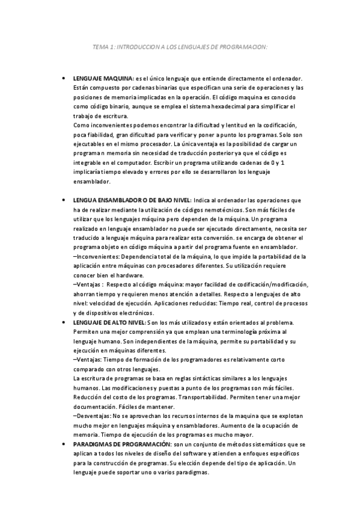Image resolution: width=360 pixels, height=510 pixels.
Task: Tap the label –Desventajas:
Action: click(x=96, y=416)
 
